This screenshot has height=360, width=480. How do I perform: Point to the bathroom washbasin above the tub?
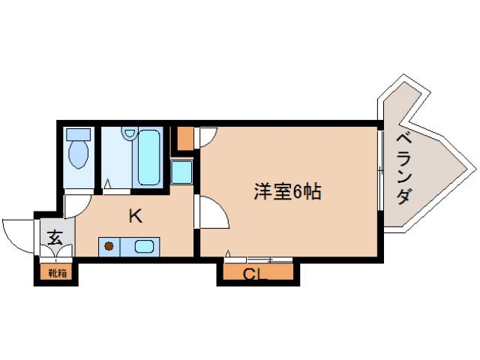click(130, 134)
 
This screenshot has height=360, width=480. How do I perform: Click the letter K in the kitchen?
click(135, 217)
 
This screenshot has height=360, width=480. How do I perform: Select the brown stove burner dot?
click(109, 245)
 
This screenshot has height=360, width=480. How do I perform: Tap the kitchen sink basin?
click(144, 245)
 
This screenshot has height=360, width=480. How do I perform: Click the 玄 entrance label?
click(55, 238)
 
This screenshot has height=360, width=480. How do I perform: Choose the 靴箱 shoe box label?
click(58, 273)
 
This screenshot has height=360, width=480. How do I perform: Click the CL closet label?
click(255, 274)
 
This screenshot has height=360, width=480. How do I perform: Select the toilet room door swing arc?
click(78, 202)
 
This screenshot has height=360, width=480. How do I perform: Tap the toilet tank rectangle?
click(78, 134)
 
